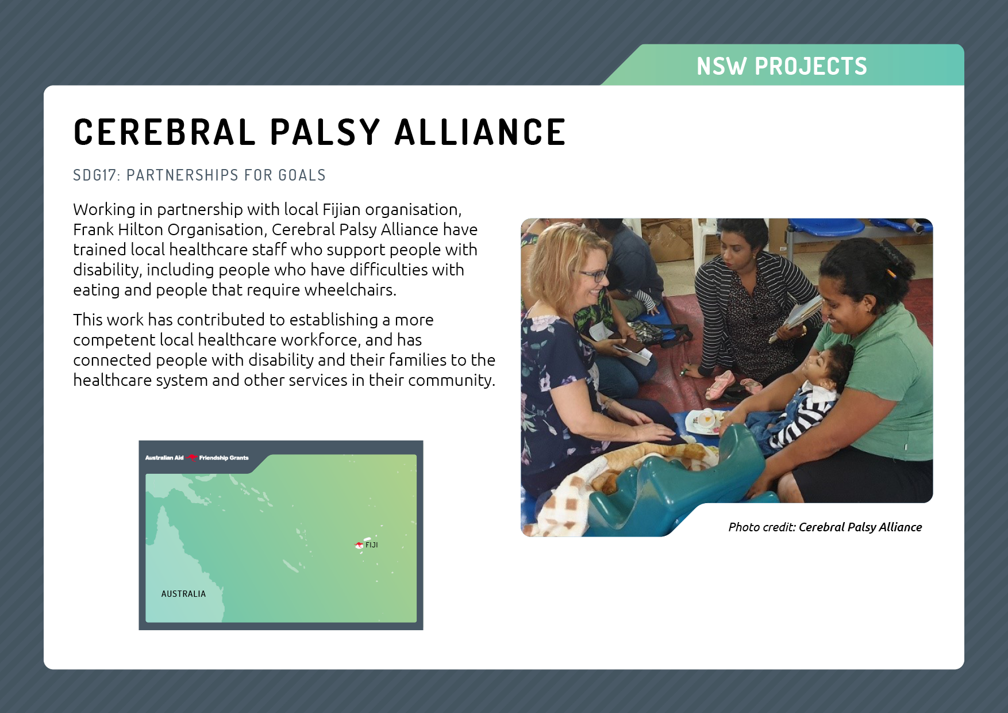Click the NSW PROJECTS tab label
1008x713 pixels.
[782, 66]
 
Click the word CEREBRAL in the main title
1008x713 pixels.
[164, 132]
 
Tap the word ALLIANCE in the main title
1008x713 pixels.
[480, 132]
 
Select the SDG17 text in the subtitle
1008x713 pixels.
[95, 175]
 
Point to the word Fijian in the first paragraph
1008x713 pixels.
[341, 210]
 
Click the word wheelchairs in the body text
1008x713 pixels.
[350, 290]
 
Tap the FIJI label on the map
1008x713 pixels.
[372, 545]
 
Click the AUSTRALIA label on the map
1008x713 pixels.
[183, 594]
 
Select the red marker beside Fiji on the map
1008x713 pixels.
[359, 545]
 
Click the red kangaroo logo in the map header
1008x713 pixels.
[191, 458]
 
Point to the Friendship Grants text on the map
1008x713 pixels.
[224, 458]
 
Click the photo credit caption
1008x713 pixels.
[825, 527]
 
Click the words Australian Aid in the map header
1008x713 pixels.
[164, 458]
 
